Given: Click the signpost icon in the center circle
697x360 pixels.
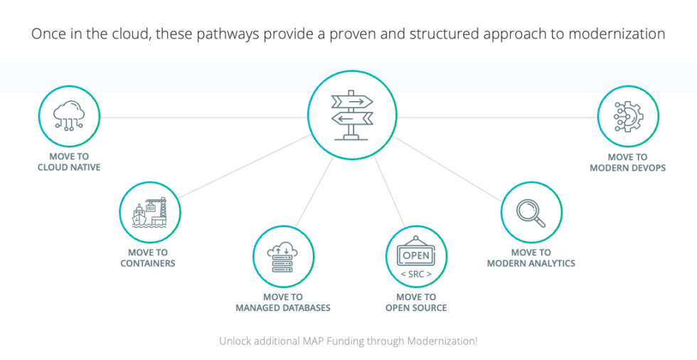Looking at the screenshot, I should coord(351,116).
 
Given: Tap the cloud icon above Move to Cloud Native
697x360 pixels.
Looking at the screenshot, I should coord(69,115).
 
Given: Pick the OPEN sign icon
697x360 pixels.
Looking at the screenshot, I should coord(416,255).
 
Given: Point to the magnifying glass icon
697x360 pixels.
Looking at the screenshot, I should coord(531,212).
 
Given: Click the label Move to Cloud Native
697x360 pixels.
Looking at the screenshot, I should coord(69,162).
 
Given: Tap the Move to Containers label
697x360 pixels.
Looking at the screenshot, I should coord(148,258).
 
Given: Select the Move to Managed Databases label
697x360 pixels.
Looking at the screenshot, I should coord(283,302).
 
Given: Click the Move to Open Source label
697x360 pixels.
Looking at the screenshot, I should coord(416,302).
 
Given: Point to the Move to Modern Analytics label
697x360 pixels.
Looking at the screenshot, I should coord(531,258).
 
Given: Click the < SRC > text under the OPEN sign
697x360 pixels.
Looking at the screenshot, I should coord(416,275).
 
